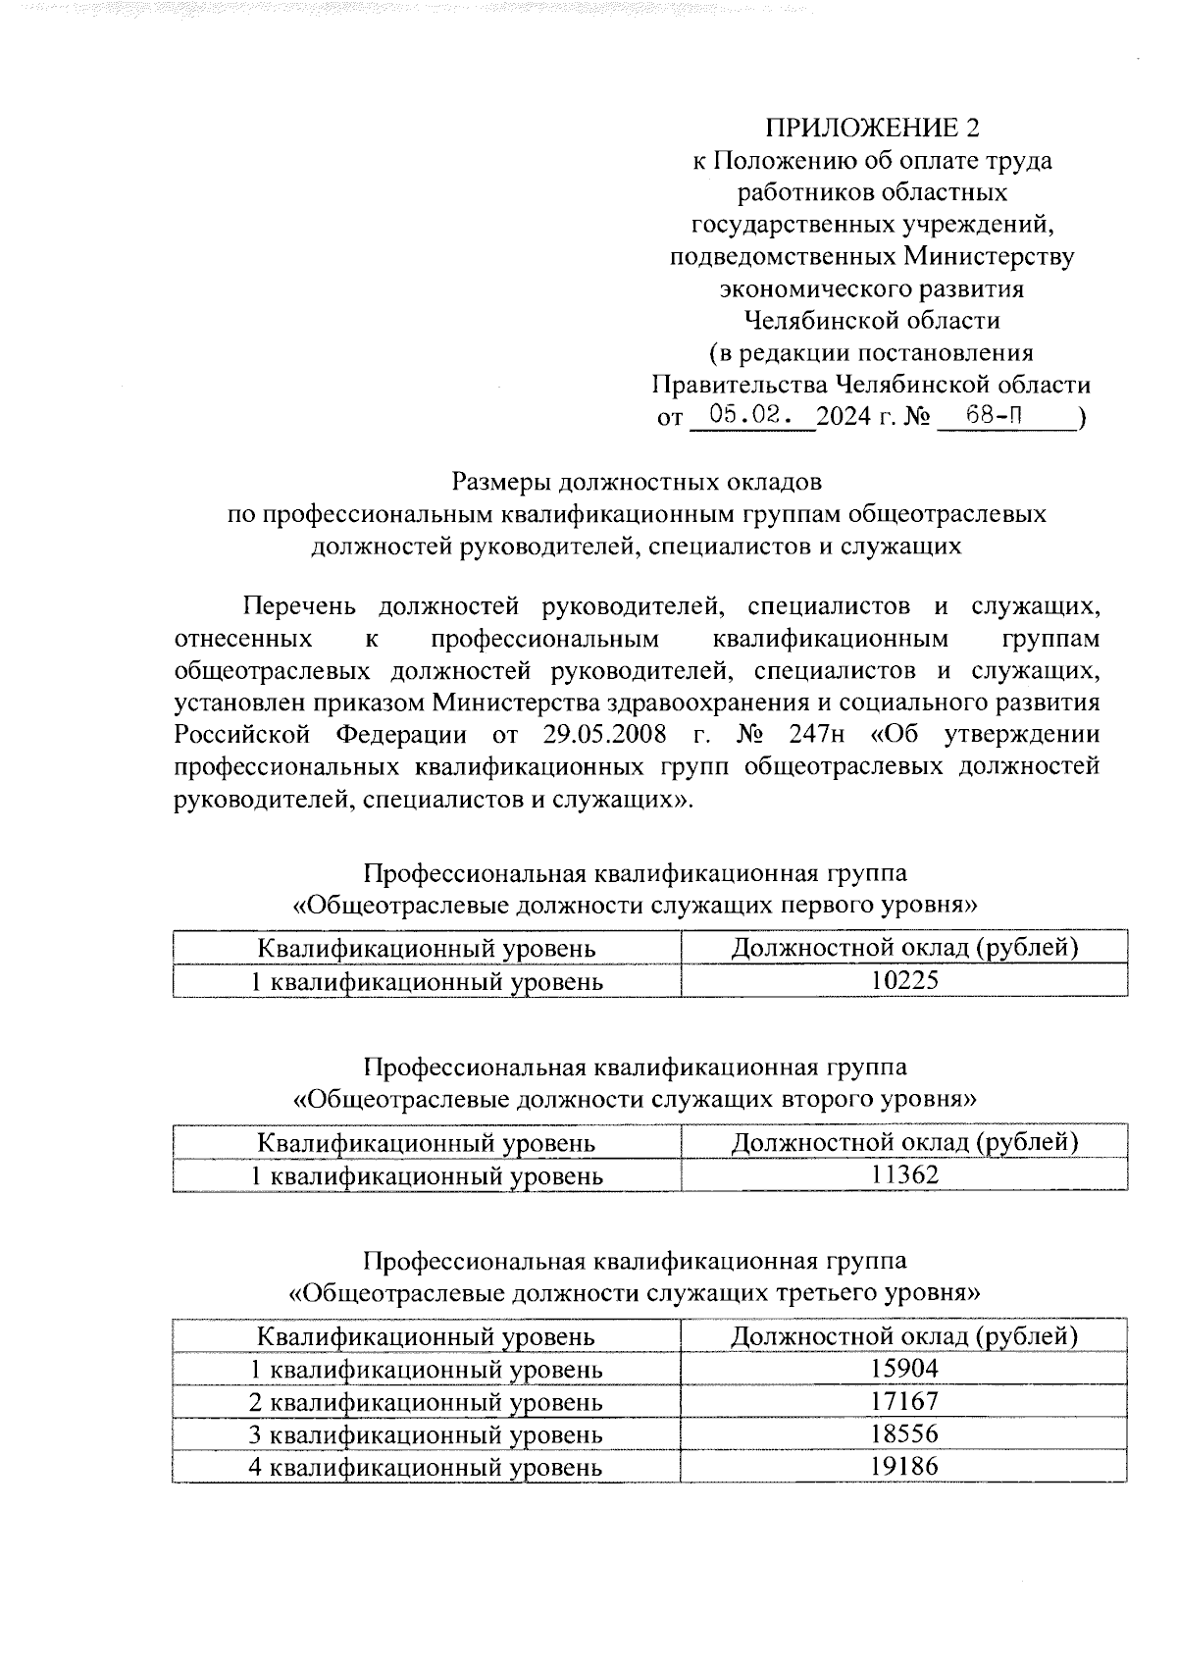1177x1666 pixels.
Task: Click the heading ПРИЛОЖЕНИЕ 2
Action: tap(872, 129)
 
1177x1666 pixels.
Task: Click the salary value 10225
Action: tap(904, 980)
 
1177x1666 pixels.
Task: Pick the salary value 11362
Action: tap(904, 1174)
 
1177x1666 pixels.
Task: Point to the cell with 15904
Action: tap(904, 1369)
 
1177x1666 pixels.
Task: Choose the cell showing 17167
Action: tap(904, 1401)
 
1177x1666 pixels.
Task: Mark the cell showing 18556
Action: tap(904, 1433)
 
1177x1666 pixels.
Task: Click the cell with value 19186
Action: tap(904, 1466)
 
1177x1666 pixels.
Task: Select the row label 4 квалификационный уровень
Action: tap(426, 1467)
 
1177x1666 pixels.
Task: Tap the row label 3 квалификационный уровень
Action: tap(426, 1434)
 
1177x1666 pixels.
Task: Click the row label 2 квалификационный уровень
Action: tap(426, 1402)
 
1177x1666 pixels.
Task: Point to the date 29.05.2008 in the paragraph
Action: tap(603, 735)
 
